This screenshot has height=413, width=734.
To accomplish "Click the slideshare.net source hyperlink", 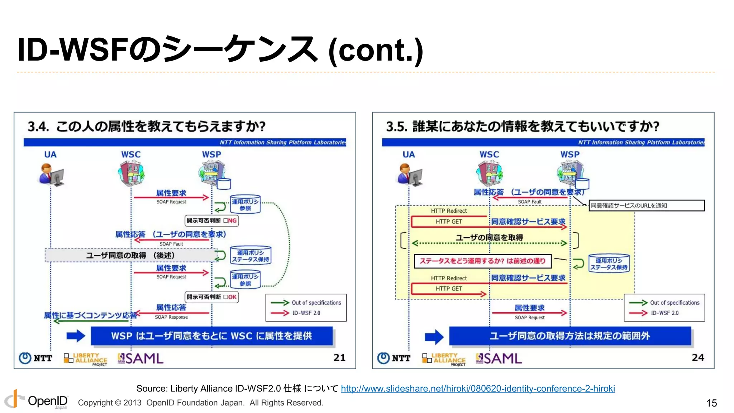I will (x=478, y=389).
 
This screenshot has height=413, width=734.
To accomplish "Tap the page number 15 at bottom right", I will (x=711, y=403).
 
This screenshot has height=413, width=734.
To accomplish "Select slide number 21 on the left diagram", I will (x=339, y=357).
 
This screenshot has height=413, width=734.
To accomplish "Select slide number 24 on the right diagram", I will (x=697, y=357).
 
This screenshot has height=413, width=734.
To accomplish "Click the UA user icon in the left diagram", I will (x=51, y=175).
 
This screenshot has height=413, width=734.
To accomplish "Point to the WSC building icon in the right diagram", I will (x=489, y=173).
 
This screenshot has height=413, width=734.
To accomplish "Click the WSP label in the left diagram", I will (x=211, y=155).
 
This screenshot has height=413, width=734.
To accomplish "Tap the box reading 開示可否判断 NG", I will (x=211, y=220).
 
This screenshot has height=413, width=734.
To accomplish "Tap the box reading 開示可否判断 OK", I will (x=211, y=297).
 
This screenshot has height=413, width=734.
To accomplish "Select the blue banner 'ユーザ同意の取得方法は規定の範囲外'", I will (x=570, y=336).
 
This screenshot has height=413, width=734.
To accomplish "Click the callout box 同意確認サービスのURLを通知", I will (x=647, y=205).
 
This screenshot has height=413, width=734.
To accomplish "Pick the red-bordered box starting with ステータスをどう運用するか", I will (x=482, y=261).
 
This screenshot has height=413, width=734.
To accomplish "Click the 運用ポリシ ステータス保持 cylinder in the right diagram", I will (x=609, y=264).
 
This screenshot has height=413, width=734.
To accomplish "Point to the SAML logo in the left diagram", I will (x=140, y=359).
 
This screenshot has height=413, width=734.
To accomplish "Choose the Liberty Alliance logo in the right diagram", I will (x=444, y=359).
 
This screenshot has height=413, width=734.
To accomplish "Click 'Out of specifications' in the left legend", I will (x=316, y=303).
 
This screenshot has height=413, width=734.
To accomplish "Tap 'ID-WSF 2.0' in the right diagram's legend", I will (x=665, y=313).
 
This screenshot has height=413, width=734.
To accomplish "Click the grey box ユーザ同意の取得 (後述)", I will (x=130, y=255).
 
